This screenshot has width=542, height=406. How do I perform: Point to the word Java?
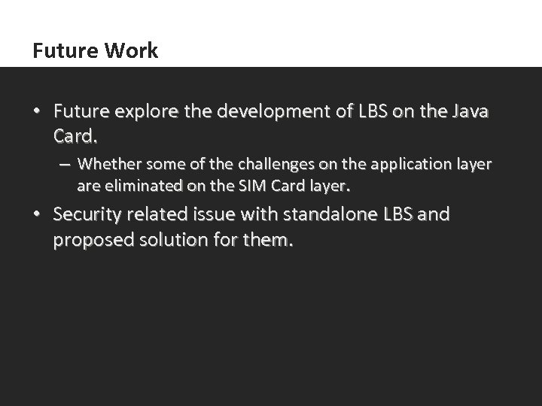click(468, 113)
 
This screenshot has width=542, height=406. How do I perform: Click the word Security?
click(89, 215)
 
